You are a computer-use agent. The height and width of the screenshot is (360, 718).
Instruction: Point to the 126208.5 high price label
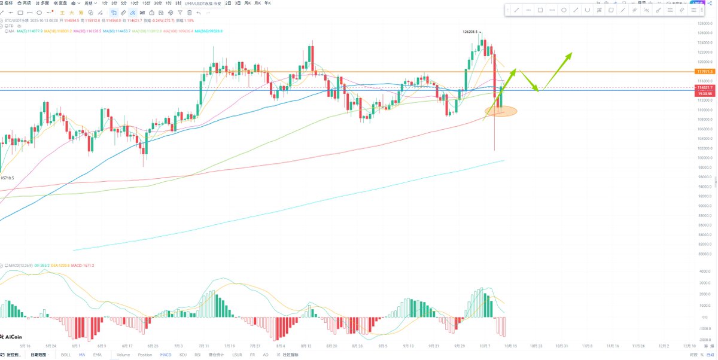pyautogui.click(x=471, y=31)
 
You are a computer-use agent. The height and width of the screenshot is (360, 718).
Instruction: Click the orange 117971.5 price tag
pyautogui.click(x=705, y=71)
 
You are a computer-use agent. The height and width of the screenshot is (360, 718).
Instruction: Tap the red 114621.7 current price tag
pyautogui.click(x=705, y=87)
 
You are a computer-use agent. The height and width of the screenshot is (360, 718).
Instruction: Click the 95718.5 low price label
pyautogui.click(x=8, y=178)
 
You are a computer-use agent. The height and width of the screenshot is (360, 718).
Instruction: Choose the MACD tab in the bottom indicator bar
pyautogui.click(x=165, y=355)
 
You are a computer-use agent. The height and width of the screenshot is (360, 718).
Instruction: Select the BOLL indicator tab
pyautogui.click(x=66, y=355)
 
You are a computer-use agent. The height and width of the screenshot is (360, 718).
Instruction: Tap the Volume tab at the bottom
pyautogui.click(x=123, y=355)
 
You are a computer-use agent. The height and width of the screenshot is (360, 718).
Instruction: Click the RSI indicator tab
pyautogui.click(x=197, y=355)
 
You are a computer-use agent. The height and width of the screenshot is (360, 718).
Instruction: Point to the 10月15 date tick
pyautogui.click(x=510, y=346)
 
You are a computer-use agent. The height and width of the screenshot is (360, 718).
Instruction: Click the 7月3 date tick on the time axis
pyautogui.click(x=178, y=346)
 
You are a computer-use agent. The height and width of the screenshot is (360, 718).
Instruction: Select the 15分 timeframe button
pyautogui.click(x=146, y=3)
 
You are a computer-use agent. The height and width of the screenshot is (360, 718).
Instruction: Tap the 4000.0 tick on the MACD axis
pyautogui.click(x=704, y=271)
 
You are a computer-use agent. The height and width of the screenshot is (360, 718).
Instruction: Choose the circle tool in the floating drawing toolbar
pyautogui.click(x=564, y=10)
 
